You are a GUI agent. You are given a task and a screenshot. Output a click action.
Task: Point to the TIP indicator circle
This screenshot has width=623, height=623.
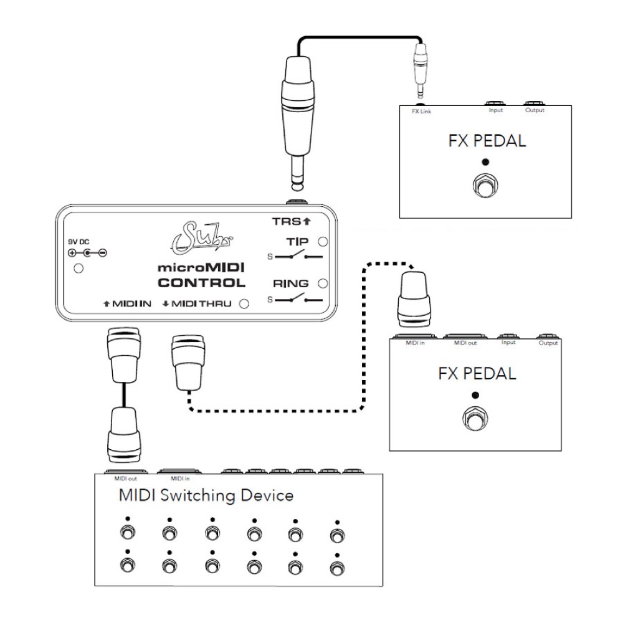tap(322, 242)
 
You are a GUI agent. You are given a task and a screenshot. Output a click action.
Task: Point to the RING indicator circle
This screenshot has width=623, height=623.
tap(322, 284)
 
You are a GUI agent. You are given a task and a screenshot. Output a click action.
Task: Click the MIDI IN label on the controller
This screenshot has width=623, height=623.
tap(128, 304)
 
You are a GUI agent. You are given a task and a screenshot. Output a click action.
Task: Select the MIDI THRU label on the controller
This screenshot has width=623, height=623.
tap(198, 304)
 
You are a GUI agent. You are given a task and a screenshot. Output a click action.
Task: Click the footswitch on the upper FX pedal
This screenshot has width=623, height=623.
tap(486, 186)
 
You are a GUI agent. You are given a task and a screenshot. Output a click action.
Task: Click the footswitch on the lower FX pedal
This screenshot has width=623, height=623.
tap(475, 419)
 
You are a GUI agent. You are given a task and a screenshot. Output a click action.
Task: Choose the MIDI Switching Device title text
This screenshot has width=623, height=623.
tap(206, 497)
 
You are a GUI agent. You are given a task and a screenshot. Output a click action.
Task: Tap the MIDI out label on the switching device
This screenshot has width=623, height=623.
tap(121, 479)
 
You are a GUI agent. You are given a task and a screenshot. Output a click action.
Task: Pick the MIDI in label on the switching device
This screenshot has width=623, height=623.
tap(179, 479)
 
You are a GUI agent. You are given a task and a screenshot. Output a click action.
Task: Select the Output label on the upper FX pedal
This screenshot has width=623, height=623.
tap(535, 110)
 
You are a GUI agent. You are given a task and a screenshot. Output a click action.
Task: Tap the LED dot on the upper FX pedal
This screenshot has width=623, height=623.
tap(486, 162)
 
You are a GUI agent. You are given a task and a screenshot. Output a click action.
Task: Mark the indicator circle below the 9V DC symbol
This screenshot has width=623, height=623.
tap(78, 269)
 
